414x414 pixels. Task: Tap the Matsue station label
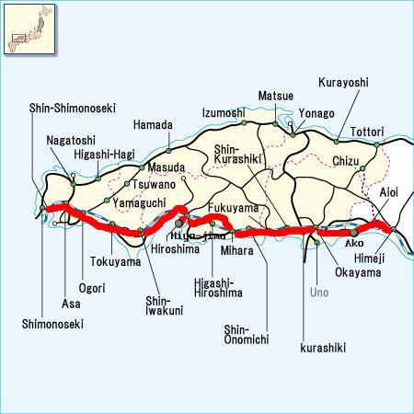(x=275, y=95)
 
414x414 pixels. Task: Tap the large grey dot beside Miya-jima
(x=179, y=223)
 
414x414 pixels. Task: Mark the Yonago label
(x=317, y=113)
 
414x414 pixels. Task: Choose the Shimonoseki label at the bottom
(x=53, y=324)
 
